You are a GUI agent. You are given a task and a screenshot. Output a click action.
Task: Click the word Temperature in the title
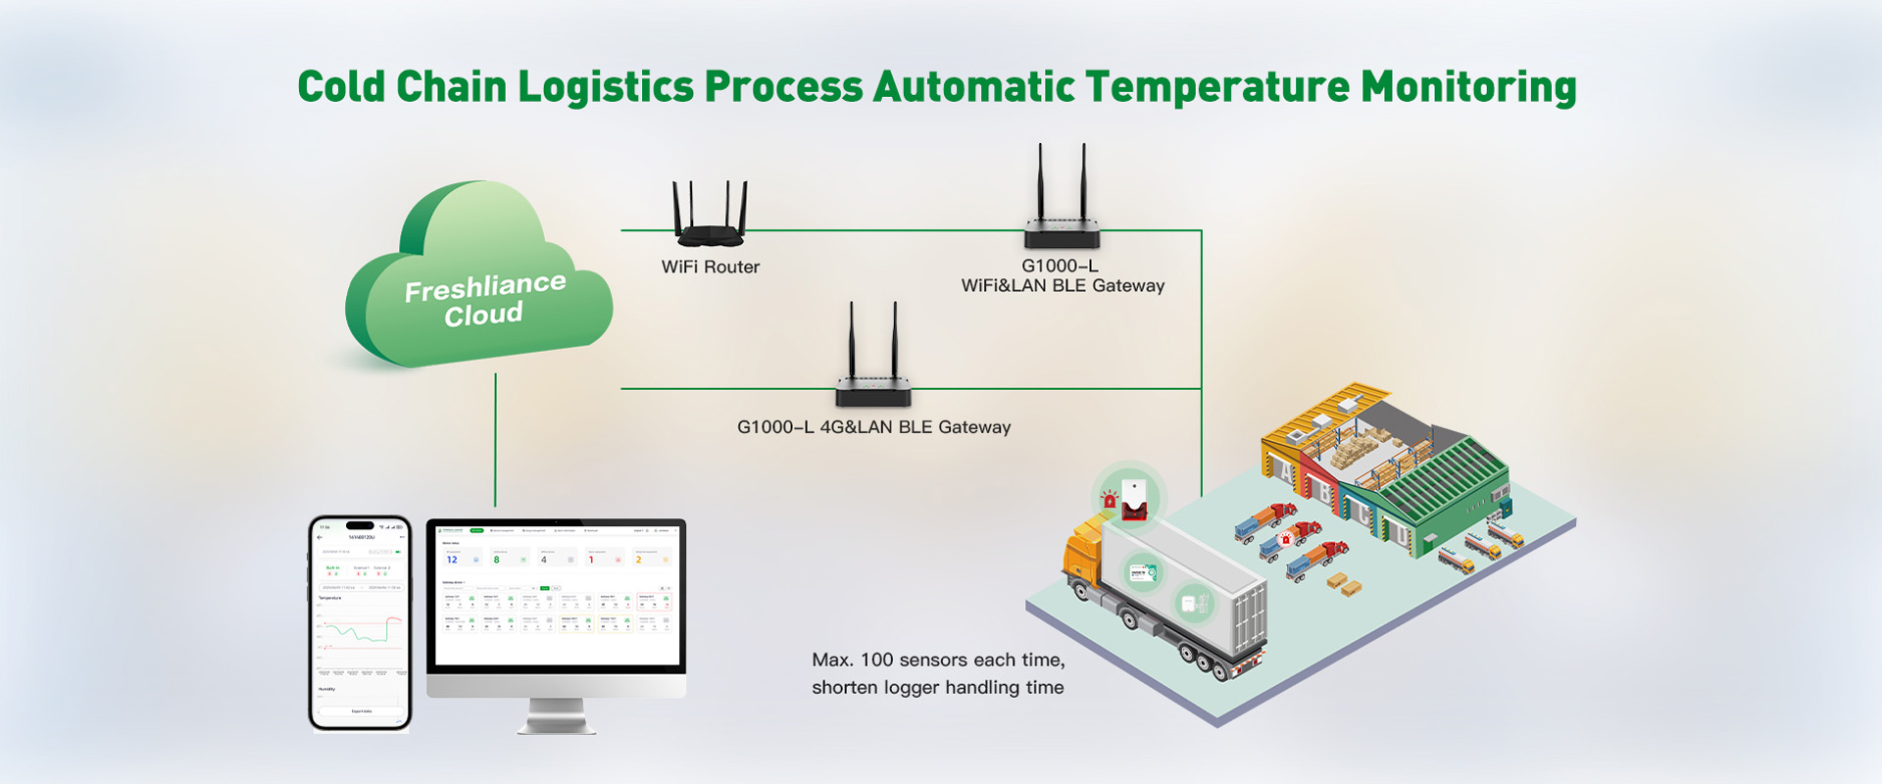click(1217, 87)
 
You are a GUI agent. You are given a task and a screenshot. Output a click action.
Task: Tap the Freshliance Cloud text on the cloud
click(484, 300)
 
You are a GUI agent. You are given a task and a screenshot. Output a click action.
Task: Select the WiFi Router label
click(710, 267)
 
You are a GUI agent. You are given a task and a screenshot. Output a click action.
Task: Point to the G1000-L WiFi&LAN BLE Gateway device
click(1062, 211)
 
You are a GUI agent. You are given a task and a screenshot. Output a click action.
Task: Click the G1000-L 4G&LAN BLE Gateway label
click(873, 427)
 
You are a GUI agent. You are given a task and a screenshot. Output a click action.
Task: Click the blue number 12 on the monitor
click(452, 560)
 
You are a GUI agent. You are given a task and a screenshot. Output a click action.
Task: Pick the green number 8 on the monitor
click(497, 560)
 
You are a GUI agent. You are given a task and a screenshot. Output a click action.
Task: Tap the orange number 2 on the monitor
click(639, 560)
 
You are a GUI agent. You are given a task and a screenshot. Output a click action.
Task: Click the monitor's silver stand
click(556, 716)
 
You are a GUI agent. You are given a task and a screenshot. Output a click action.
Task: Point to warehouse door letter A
click(1285, 469)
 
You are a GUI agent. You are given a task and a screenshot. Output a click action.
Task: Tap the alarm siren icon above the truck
click(1110, 498)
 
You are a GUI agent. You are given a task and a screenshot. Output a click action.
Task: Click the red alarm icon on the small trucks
click(1286, 539)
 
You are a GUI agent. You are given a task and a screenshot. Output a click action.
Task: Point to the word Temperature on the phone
click(330, 598)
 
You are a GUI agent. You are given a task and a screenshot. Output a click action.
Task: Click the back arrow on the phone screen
click(321, 537)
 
